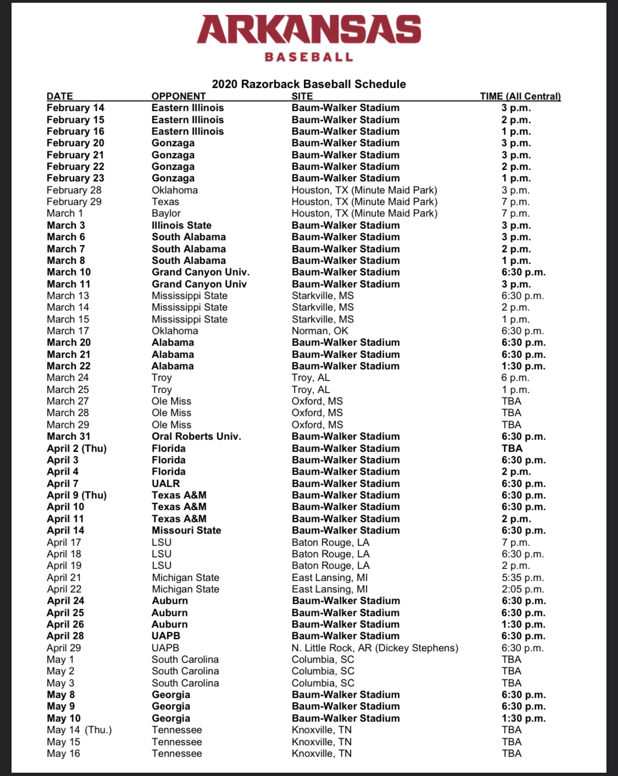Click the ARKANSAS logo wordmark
click(309, 30)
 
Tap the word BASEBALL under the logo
click(309, 57)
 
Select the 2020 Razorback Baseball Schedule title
click(309, 84)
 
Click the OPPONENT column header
click(179, 96)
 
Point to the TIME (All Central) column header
click(520, 96)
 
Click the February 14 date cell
click(75, 108)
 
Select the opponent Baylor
click(166, 213)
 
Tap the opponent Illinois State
click(181, 225)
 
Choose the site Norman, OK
click(320, 331)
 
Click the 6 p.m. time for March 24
click(515, 378)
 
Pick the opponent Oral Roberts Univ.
click(196, 436)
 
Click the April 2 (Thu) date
click(76, 448)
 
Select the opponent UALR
click(165, 484)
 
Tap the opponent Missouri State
click(186, 530)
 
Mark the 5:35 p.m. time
click(522, 578)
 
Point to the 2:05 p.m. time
click(522, 589)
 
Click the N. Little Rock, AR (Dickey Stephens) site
click(375, 648)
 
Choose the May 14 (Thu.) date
click(79, 730)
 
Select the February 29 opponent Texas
click(165, 202)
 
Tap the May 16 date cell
click(63, 753)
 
